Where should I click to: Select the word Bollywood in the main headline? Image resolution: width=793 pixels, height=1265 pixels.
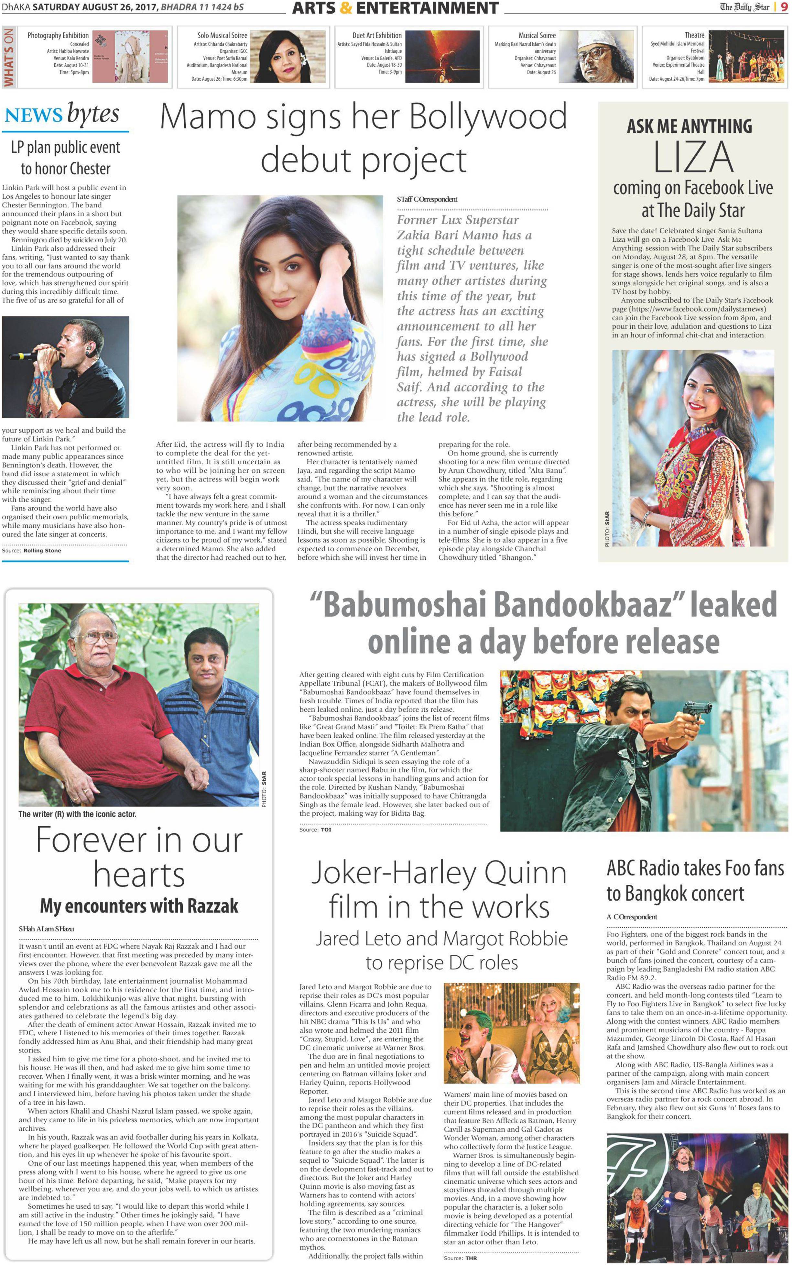point(487,116)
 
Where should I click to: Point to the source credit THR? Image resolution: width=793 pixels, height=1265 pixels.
point(471,1258)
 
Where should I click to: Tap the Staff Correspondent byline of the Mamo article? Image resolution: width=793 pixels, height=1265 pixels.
point(427,199)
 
